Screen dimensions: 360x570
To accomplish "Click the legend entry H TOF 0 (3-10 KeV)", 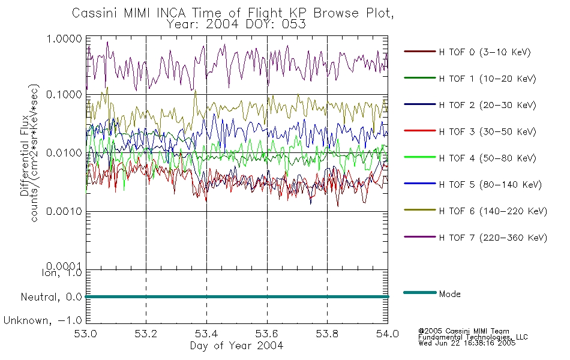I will [485, 52].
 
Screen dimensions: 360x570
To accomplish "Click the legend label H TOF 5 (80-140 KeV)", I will [490, 185].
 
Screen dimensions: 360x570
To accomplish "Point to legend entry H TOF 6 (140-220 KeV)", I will [493, 211].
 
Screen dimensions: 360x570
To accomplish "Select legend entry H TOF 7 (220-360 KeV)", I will [493, 238].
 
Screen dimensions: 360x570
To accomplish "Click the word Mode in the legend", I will [450, 293].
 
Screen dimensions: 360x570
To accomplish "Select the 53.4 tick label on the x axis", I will [207, 334].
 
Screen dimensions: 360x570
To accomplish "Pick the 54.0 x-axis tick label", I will [388, 334].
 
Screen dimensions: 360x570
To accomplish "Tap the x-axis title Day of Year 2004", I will [236, 346].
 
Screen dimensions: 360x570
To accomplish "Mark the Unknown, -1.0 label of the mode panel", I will [43, 321].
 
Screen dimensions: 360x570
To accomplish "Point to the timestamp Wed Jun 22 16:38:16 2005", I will [467, 344].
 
